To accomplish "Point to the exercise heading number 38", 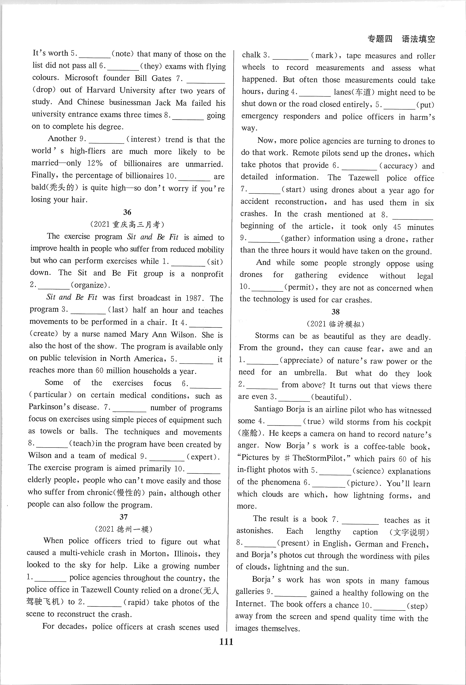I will click(x=336, y=312).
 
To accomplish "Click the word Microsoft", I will click(x=81, y=78).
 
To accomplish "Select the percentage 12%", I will click(x=95, y=163).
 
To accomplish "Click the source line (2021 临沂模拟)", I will click(x=336, y=324).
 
